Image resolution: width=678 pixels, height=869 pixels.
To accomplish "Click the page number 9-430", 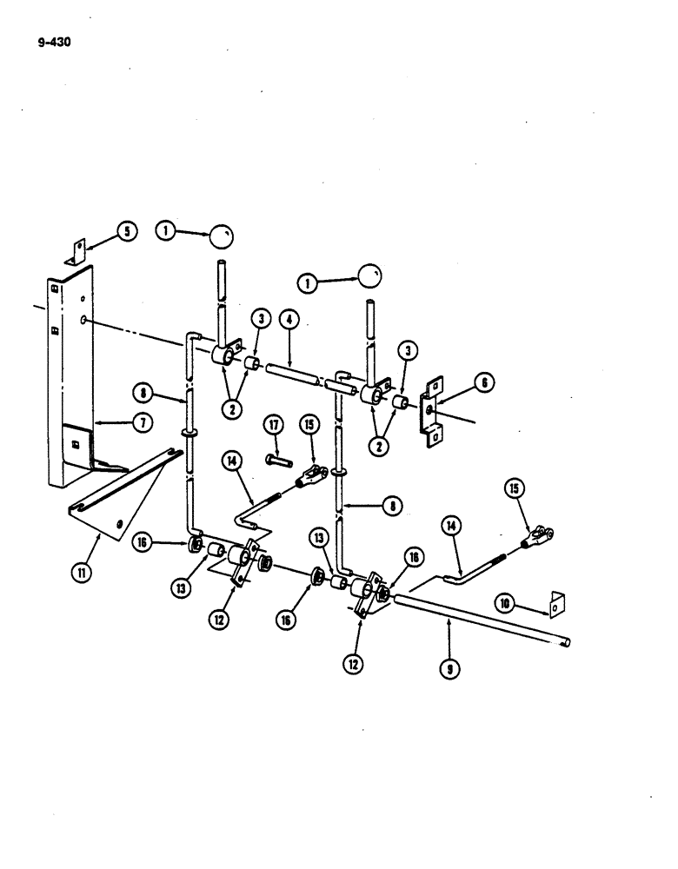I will pyautogui.click(x=53, y=39).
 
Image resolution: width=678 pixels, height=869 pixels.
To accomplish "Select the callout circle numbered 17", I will pyautogui.click(x=275, y=425).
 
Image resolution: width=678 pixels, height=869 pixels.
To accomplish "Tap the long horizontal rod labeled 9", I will pyautogui.click(x=487, y=620).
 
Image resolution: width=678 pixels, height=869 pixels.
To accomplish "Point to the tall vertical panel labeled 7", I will pyautogui.click(x=70, y=382).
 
